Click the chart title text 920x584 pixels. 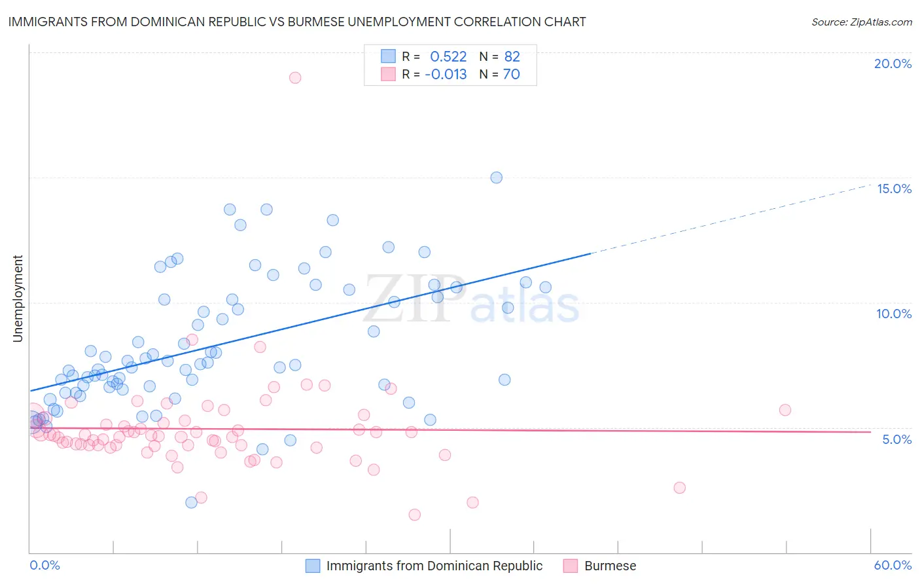coord(297,22)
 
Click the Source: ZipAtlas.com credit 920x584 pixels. coord(861,22)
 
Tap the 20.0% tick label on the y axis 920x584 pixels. coord(893,64)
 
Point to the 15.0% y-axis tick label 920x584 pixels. coord(894,189)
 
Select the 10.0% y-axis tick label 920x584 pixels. coord(894,314)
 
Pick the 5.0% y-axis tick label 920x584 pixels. coord(896,439)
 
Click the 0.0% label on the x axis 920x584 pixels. coord(44,565)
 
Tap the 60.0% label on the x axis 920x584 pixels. coord(893,565)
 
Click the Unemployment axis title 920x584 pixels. coord(18,299)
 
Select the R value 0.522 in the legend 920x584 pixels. coord(448,57)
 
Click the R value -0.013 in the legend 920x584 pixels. coord(446,75)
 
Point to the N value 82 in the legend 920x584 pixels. coord(512,57)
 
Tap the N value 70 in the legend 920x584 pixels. coord(511,75)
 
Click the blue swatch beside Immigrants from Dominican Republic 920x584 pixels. coord(313,566)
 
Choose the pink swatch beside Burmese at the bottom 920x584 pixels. coord(571,566)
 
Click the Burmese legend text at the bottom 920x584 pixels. coord(610,566)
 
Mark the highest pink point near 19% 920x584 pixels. coord(295,77)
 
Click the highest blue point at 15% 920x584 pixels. coord(497,177)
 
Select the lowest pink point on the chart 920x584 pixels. coord(414,515)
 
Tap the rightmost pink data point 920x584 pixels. coord(785,410)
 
